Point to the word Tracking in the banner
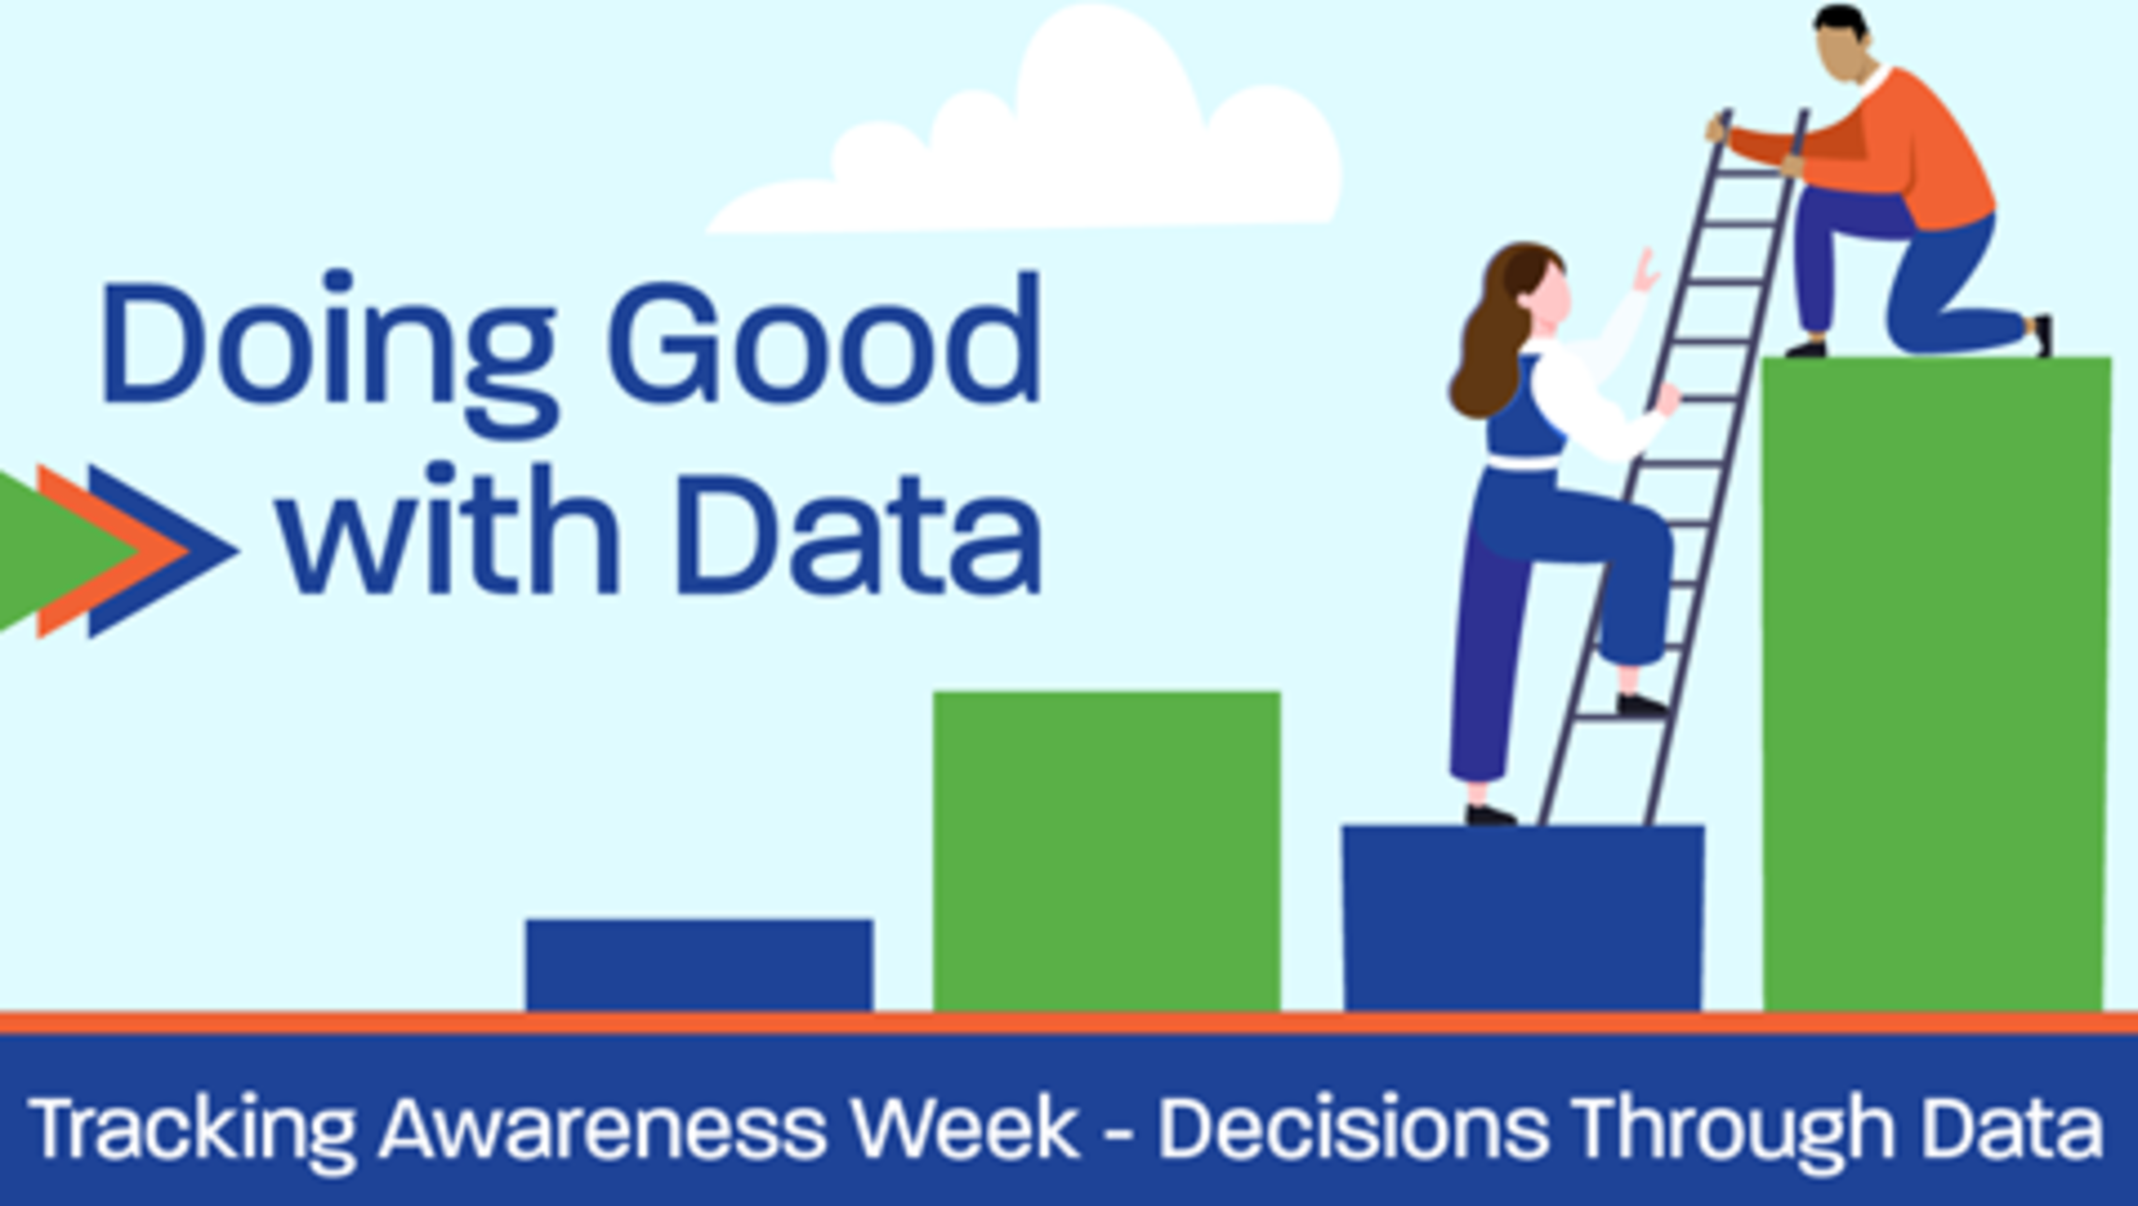point(193,1130)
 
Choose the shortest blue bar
point(700,965)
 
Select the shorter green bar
point(1106,851)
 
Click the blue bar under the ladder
point(1524,918)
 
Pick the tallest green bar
point(1936,684)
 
